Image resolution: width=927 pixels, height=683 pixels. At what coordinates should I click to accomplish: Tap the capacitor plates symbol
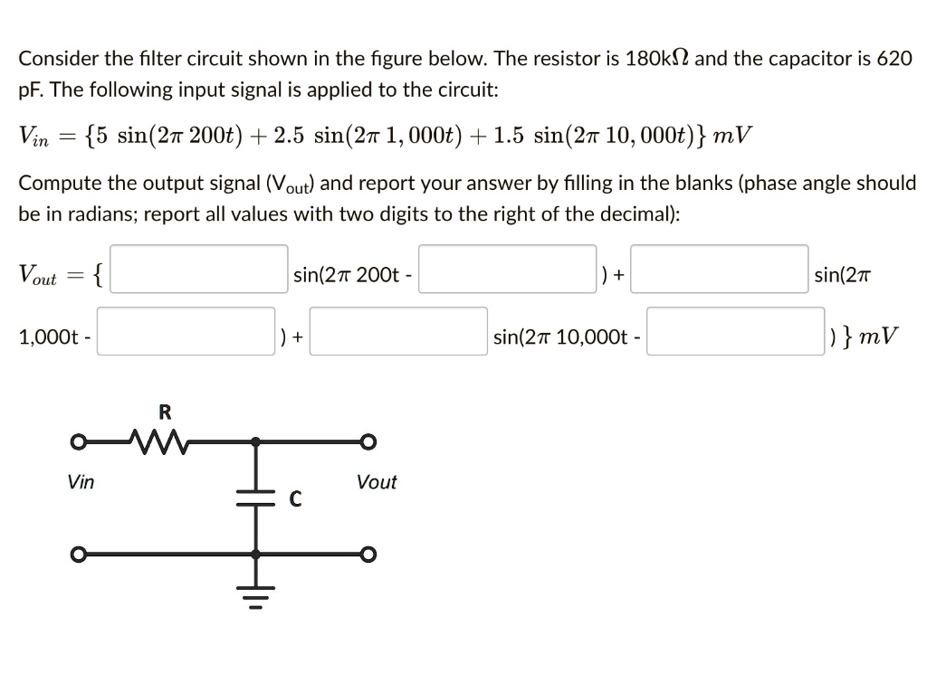256,497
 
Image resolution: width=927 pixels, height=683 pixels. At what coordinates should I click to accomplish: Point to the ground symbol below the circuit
256,598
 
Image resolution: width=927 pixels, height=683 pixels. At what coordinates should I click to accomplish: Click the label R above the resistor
165,413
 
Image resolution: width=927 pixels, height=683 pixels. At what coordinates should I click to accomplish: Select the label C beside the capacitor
295,498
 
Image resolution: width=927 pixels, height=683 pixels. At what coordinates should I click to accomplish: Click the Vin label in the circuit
81,482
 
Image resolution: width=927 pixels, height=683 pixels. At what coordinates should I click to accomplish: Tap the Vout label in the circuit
377,482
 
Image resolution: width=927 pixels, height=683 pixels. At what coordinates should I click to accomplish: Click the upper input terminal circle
80,442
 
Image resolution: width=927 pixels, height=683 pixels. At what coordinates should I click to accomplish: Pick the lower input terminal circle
80,554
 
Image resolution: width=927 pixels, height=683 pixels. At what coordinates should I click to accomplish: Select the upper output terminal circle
368,442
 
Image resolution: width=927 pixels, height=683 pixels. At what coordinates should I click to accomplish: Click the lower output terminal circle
368,554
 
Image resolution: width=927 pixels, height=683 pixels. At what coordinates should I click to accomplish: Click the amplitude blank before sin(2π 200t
199,270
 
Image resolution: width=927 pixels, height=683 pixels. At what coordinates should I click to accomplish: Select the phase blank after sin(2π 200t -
507,270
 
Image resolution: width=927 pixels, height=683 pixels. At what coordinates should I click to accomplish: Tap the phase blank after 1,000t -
186,332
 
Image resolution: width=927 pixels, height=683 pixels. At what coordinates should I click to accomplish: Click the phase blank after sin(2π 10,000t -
734,332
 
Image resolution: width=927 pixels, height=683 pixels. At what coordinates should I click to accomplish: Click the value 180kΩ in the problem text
651,60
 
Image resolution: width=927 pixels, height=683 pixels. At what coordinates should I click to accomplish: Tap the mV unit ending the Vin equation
732,137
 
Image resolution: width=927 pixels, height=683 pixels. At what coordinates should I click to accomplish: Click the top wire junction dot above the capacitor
256,442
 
